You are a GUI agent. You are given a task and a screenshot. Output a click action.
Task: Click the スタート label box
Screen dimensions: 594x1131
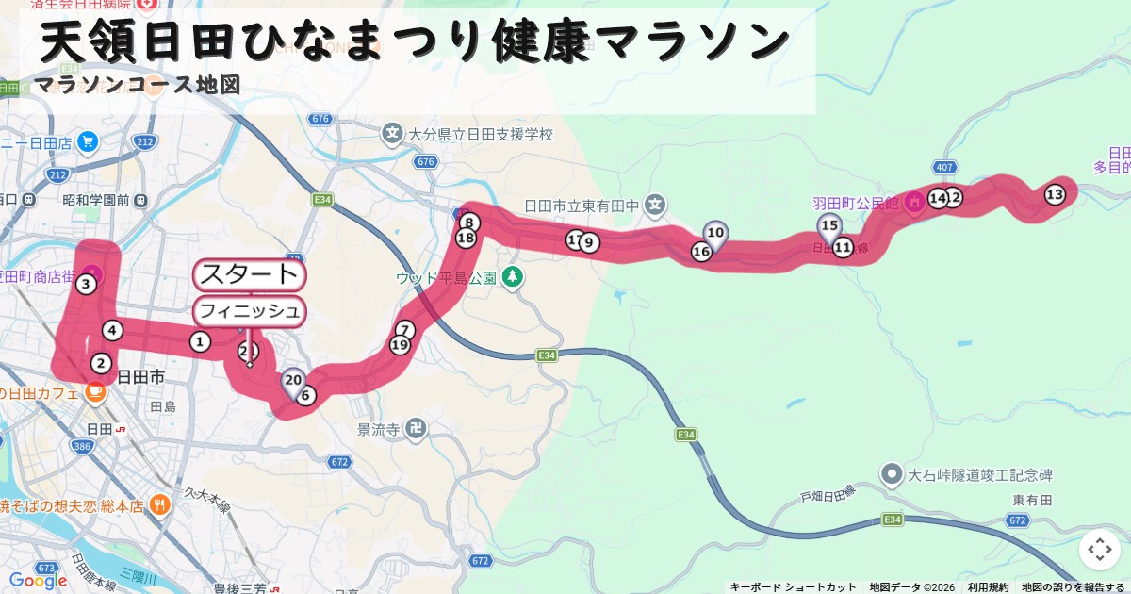point(249,275)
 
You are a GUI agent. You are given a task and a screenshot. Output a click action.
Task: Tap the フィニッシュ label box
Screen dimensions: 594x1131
point(249,311)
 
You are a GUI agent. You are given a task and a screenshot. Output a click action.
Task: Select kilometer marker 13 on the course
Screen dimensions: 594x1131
point(1055,194)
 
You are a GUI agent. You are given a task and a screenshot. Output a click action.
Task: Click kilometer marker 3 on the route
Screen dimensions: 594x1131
point(86,284)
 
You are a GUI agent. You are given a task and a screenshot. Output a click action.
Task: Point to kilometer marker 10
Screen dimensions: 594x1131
point(715,233)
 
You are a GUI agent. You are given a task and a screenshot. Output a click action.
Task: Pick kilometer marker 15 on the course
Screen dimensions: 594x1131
point(829,225)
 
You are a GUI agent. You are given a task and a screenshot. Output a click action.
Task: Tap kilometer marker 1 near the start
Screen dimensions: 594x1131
point(200,341)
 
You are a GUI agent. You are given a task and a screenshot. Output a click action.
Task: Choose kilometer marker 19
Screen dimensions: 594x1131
point(400,345)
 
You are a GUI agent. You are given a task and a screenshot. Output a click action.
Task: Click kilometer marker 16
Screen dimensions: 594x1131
point(701,252)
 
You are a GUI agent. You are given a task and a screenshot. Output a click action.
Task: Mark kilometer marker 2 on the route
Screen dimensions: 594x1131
point(101,363)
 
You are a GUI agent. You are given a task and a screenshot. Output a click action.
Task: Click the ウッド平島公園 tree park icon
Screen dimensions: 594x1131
point(513,277)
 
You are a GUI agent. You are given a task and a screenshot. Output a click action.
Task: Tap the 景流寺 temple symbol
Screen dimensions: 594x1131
point(416,430)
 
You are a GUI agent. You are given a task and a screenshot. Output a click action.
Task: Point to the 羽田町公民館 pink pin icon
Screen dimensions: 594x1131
point(914,202)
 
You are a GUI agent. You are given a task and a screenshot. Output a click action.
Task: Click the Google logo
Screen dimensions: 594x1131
point(38,580)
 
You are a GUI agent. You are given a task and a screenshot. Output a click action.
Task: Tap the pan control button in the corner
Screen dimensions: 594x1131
point(1099,549)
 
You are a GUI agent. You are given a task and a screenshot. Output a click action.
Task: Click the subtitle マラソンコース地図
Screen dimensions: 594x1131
point(138,85)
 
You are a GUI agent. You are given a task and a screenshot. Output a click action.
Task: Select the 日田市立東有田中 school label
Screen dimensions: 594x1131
point(582,206)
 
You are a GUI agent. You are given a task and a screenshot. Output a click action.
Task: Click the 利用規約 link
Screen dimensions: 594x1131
point(988,587)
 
